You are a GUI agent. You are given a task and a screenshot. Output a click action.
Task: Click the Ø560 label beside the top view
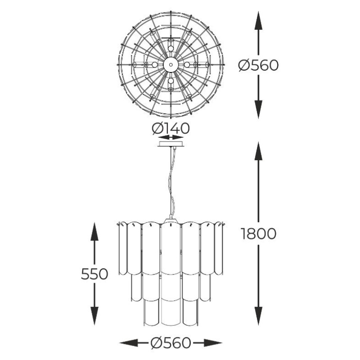click(x=258, y=65)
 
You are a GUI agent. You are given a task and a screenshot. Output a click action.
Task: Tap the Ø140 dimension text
click(x=171, y=128)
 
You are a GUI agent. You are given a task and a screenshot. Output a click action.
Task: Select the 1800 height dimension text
click(x=258, y=234)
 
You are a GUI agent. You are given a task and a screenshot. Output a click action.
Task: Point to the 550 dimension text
click(x=94, y=274)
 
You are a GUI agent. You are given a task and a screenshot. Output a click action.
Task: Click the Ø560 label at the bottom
click(x=171, y=343)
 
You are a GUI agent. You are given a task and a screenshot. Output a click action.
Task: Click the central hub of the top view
click(x=171, y=65)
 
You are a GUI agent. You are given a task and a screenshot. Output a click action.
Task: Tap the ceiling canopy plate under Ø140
click(x=171, y=144)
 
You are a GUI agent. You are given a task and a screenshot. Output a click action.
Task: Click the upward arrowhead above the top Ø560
click(x=258, y=20)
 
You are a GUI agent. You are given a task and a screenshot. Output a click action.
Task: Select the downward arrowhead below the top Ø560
click(x=258, y=109)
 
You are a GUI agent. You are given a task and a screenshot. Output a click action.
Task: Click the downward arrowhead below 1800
click(x=258, y=316)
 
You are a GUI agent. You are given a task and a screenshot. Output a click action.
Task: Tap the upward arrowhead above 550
click(x=94, y=231)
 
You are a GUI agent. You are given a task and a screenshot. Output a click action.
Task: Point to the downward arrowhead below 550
click(x=94, y=316)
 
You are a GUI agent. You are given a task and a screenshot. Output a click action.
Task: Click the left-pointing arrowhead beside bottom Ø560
click(x=129, y=343)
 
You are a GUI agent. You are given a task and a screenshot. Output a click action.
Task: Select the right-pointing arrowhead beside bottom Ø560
click(x=213, y=343)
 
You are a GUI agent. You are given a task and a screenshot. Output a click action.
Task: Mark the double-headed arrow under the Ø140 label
click(x=171, y=137)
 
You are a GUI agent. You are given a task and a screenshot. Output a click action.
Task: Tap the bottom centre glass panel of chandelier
click(x=171, y=311)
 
